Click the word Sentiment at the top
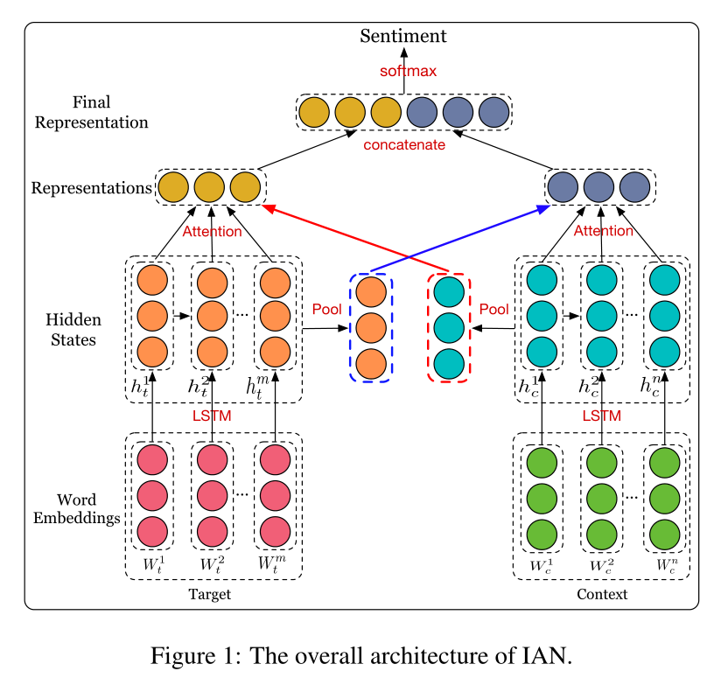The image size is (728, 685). [x=403, y=36]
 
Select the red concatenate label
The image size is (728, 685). [x=404, y=144]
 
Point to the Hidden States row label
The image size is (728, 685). [x=71, y=329]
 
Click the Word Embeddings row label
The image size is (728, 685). [x=76, y=508]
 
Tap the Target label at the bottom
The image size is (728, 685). [x=209, y=595]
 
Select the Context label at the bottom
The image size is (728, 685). [x=602, y=595]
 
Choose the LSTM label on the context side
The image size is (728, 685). [x=602, y=416]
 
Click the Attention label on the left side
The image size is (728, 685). [x=212, y=232]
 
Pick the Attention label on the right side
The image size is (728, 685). [x=602, y=231]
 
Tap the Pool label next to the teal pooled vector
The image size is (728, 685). [x=494, y=310]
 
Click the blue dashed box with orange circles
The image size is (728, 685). [x=371, y=327]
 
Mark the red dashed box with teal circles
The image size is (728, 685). [x=449, y=327]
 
